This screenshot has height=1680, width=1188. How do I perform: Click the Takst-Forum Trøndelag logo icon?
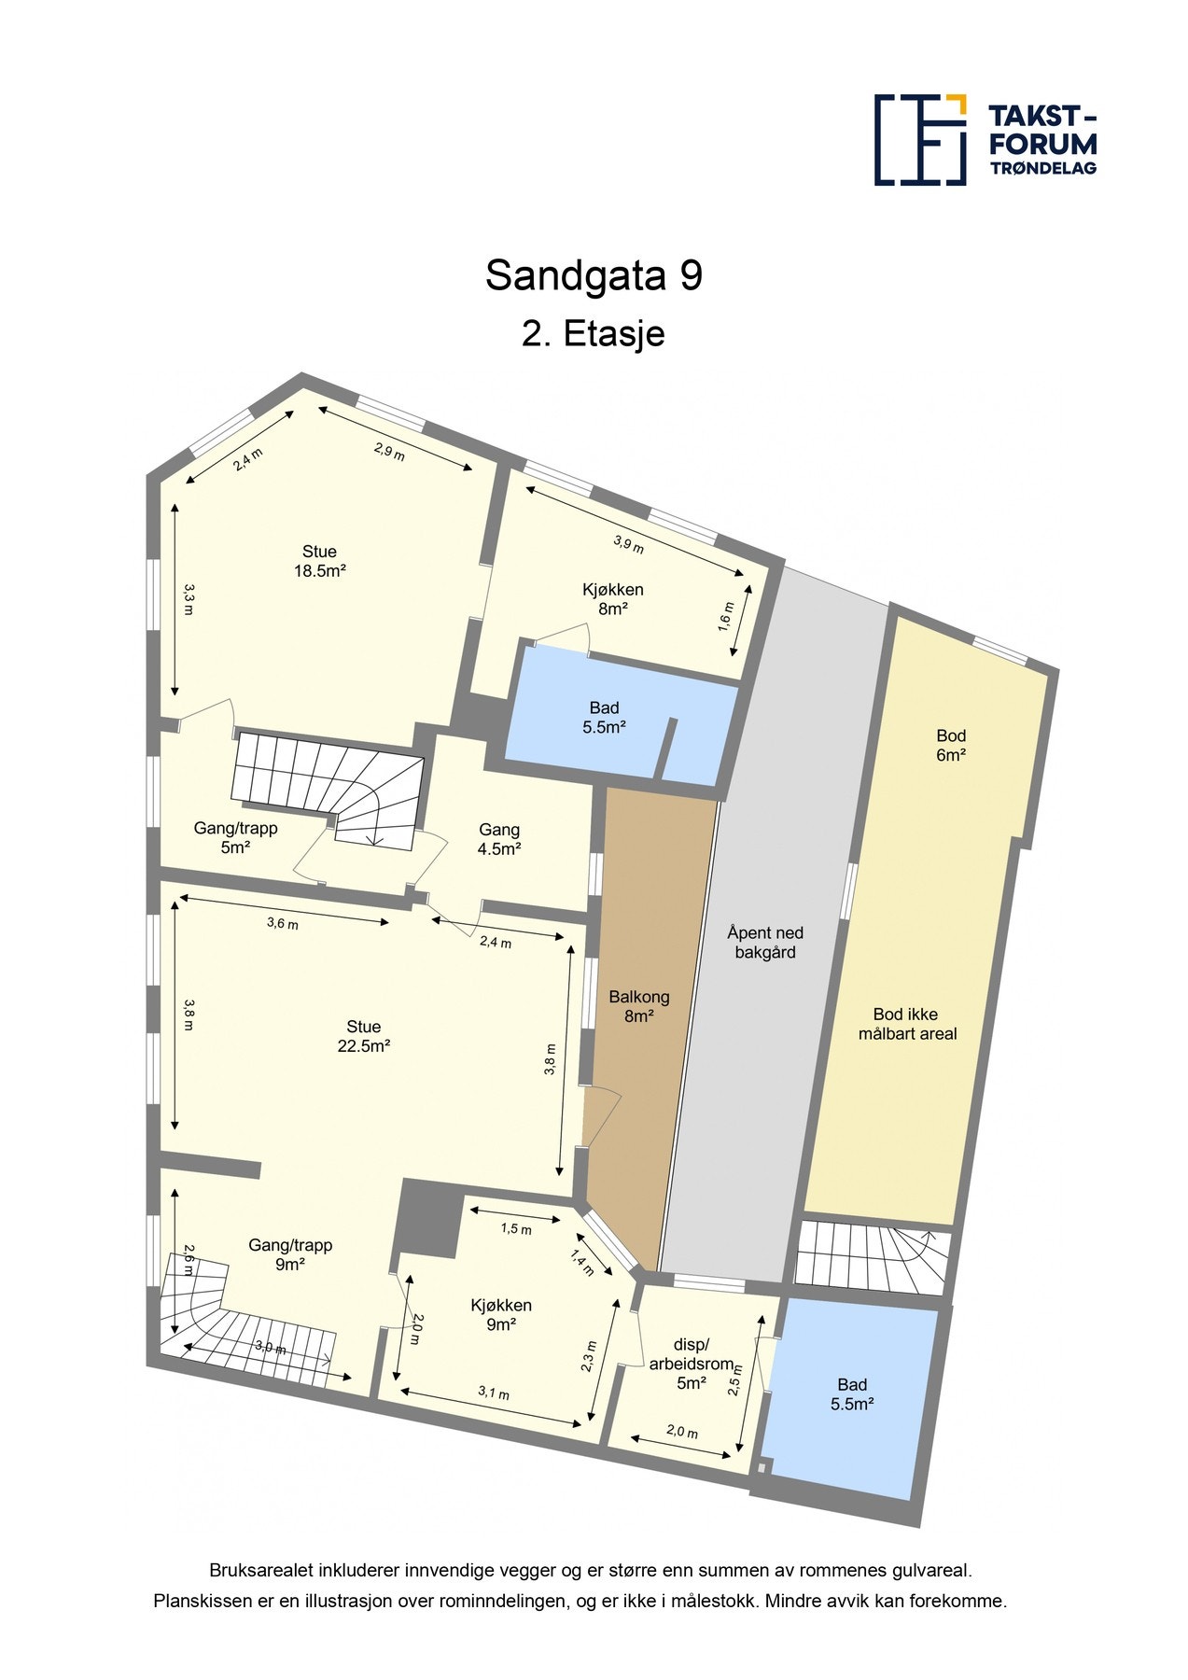919,140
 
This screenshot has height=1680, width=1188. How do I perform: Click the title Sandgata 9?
594,275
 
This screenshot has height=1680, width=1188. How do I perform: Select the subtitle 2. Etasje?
594,333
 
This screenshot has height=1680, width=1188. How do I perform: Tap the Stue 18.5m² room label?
320,561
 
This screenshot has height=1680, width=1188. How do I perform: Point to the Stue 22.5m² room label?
363,1036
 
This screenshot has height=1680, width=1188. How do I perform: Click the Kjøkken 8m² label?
612,598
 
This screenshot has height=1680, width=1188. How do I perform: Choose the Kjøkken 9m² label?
501,1314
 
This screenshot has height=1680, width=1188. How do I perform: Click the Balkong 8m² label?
639,1006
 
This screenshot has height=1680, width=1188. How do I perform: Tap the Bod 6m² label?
951,745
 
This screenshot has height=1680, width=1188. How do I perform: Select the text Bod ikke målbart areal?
907,1024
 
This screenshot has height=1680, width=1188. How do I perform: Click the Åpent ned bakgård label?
765,942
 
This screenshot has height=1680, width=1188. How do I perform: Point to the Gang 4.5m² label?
499,838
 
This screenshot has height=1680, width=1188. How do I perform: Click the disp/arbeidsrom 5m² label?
692,1364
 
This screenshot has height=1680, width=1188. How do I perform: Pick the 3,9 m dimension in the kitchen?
628,543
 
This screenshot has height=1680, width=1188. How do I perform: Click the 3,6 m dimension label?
283,923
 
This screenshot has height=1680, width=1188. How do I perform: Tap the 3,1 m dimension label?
494,1393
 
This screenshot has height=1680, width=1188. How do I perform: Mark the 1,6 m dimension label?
727,616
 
